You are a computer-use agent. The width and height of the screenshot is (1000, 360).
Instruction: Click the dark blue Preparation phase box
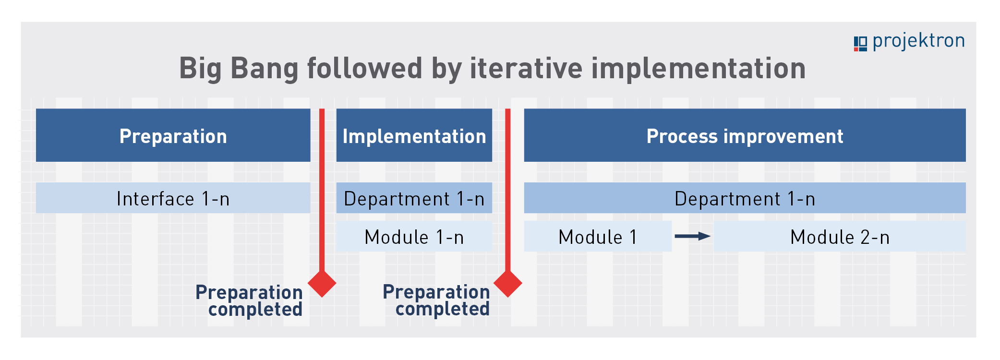[x=173, y=135]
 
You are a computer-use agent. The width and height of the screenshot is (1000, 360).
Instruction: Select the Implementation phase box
[x=414, y=135]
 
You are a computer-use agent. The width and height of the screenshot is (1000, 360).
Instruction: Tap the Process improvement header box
[x=745, y=135]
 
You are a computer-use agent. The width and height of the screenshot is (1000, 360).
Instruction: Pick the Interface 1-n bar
[x=173, y=198]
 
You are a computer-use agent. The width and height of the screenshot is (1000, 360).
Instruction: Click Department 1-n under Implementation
[x=414, y=198]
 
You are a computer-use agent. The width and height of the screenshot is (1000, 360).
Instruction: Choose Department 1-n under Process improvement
[x=745, y=198]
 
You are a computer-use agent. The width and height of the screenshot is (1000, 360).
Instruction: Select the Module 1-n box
[x=414, y=236]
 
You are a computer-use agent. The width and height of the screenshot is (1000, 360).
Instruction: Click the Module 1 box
[x=598, y=236]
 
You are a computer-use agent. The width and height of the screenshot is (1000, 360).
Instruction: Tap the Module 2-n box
[x=840, y=236]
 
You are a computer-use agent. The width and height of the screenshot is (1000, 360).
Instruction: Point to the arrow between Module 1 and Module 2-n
[x=693, y=236]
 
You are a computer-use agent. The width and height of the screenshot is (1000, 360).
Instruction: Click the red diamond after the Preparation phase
[x=322, y=283]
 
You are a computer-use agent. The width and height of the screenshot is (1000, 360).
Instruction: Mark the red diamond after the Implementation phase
[x=508, y=283]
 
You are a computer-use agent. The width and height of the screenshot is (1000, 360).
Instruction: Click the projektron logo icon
[x=860, y=43]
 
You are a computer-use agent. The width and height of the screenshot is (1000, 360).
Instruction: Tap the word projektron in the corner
[x=918, y=41]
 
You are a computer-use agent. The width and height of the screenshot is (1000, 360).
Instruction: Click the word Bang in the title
[x=264, y=68]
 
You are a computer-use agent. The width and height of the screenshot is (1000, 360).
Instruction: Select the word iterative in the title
[x=526, y=68]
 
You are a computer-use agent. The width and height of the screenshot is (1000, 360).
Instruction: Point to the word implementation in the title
[x=699, y=68]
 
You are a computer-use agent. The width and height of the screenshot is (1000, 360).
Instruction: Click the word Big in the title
[x=200, y=68]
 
